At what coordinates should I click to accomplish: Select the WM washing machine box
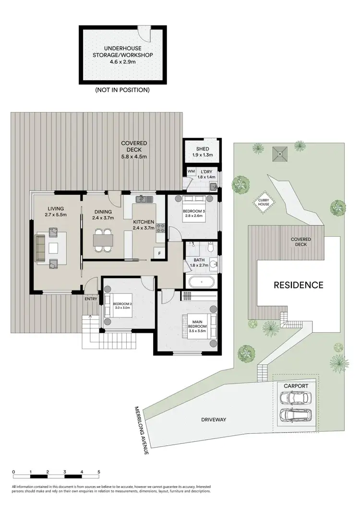(x=191, y=171)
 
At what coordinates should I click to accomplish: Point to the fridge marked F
(x=158, y=253)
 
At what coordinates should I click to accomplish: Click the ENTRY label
(x=91, y=299)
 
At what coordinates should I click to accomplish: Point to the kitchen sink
(x=144, y=199)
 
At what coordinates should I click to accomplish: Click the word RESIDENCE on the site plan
(x=298, y=285)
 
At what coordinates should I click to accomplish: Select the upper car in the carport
(x=295, y=397)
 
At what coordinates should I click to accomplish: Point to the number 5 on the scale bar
(x=99, y=472)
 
